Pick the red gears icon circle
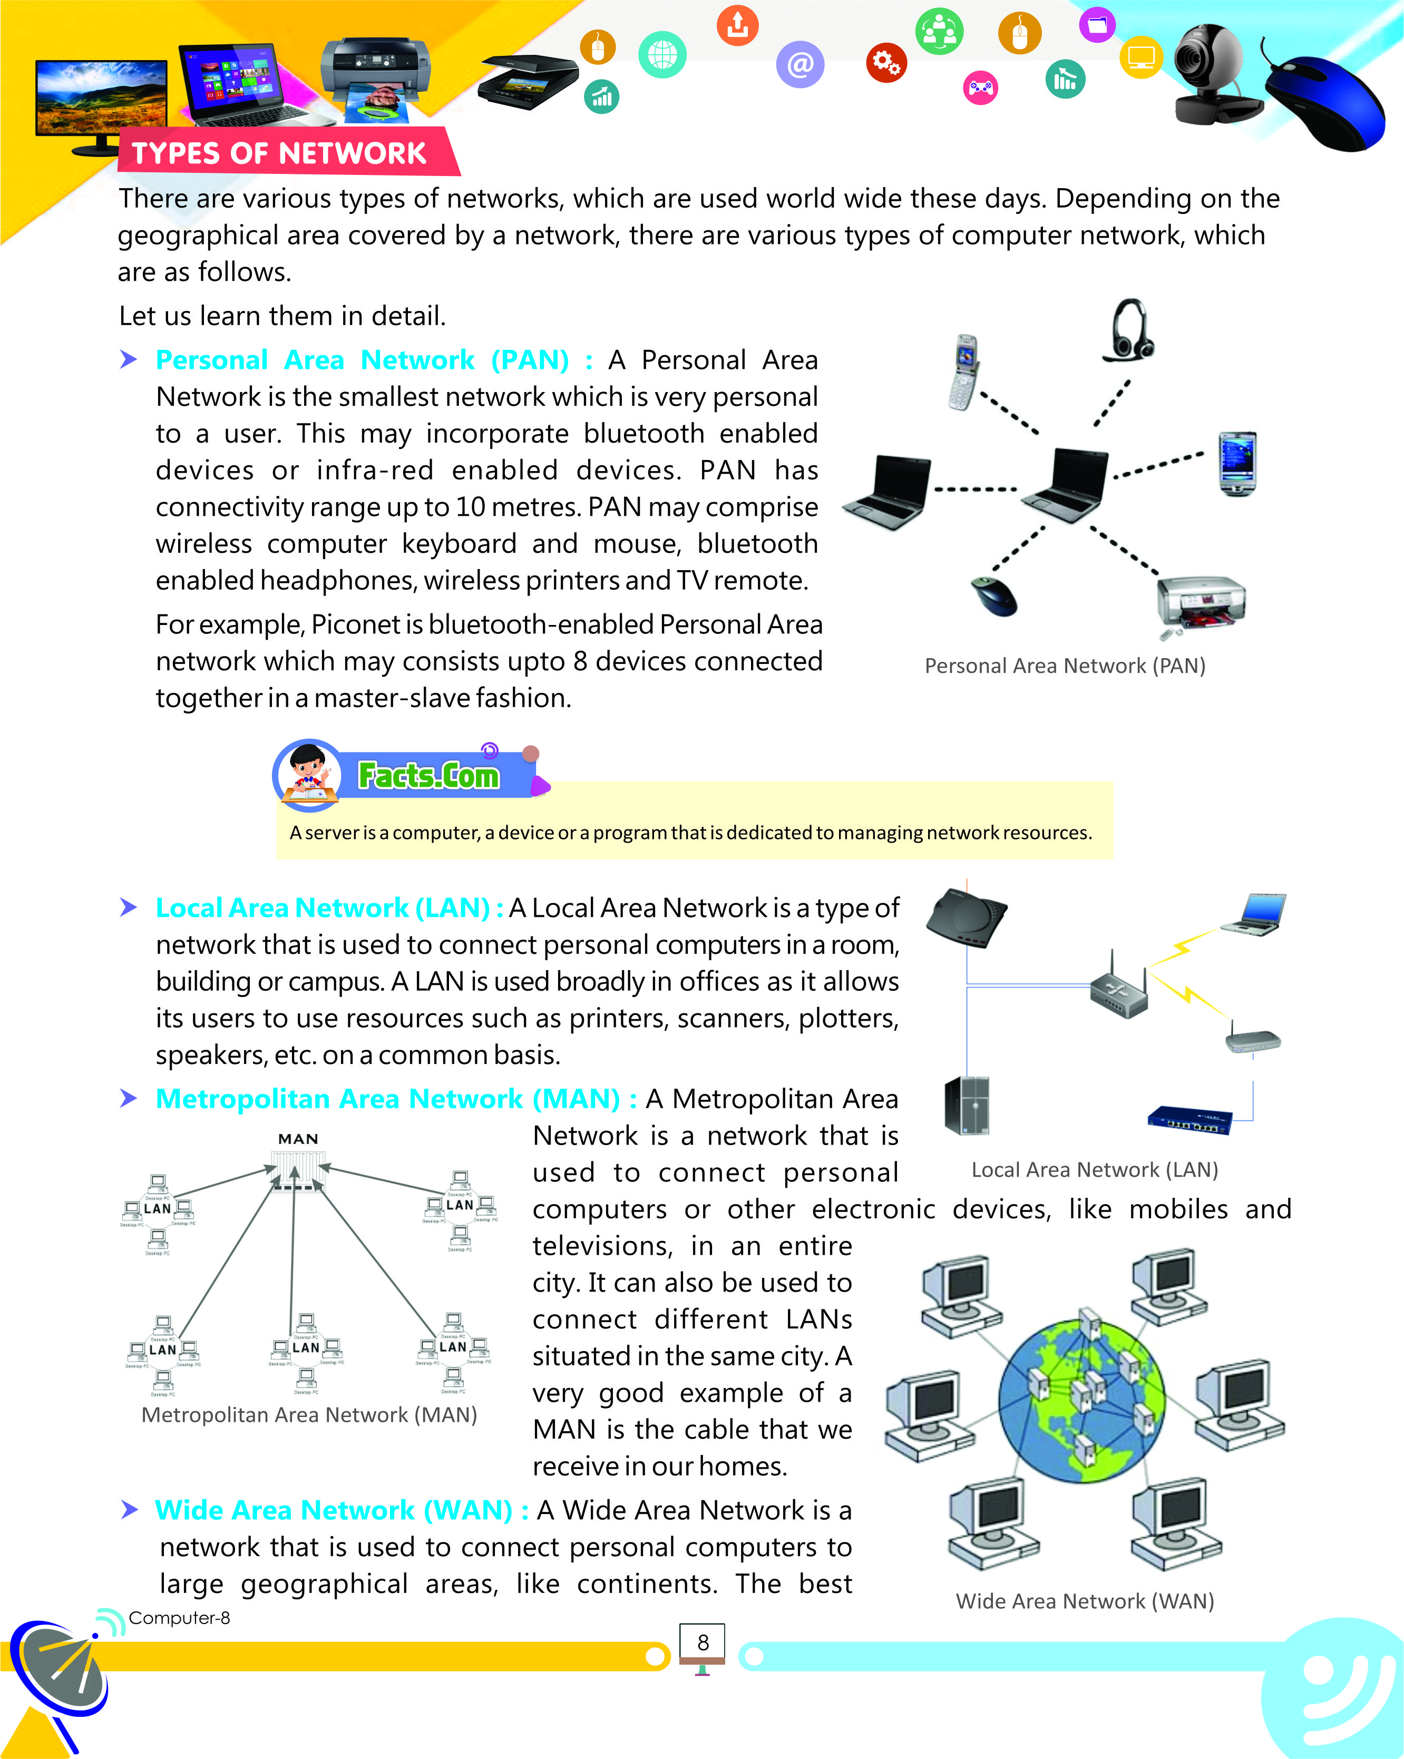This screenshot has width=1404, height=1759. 886,62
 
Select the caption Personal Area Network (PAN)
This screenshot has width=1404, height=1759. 1065,666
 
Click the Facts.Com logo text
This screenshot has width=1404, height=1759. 428,775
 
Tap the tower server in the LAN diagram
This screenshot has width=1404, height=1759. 967,1106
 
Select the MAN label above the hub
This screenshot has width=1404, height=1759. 298,1139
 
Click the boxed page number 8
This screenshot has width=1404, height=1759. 703,1643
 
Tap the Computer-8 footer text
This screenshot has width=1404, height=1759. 179,1618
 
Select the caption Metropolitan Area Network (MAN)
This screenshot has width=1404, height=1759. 309,1415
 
